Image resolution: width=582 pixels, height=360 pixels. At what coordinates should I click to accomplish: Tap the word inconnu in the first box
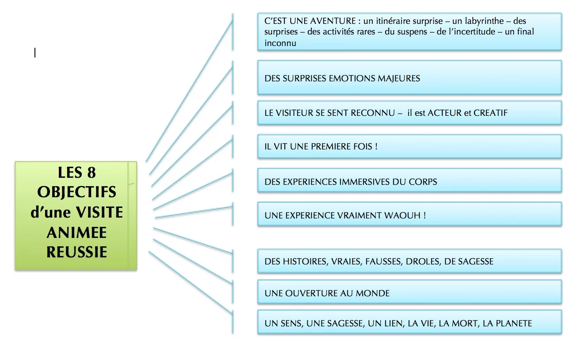tap(280, 43)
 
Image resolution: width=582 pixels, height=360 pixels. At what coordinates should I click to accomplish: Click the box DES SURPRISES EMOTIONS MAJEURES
tap(409, 78)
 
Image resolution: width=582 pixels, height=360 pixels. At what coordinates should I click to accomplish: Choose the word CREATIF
tap(490, 113)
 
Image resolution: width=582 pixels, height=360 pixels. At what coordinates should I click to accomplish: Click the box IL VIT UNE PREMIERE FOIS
tap(409, 146)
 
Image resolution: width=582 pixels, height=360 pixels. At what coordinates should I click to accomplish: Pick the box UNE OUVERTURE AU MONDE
tap(409, 293)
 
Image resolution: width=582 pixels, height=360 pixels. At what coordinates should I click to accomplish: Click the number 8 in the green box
tap(91, 172)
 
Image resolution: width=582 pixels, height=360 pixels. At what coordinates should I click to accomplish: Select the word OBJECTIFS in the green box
tap(77, 192)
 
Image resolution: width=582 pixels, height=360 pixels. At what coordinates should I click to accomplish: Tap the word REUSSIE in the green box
tap(77, 252)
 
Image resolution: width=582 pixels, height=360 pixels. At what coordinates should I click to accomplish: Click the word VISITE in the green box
tap(100, 212)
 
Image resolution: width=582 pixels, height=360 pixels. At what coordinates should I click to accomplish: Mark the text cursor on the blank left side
tap(35, 53)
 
